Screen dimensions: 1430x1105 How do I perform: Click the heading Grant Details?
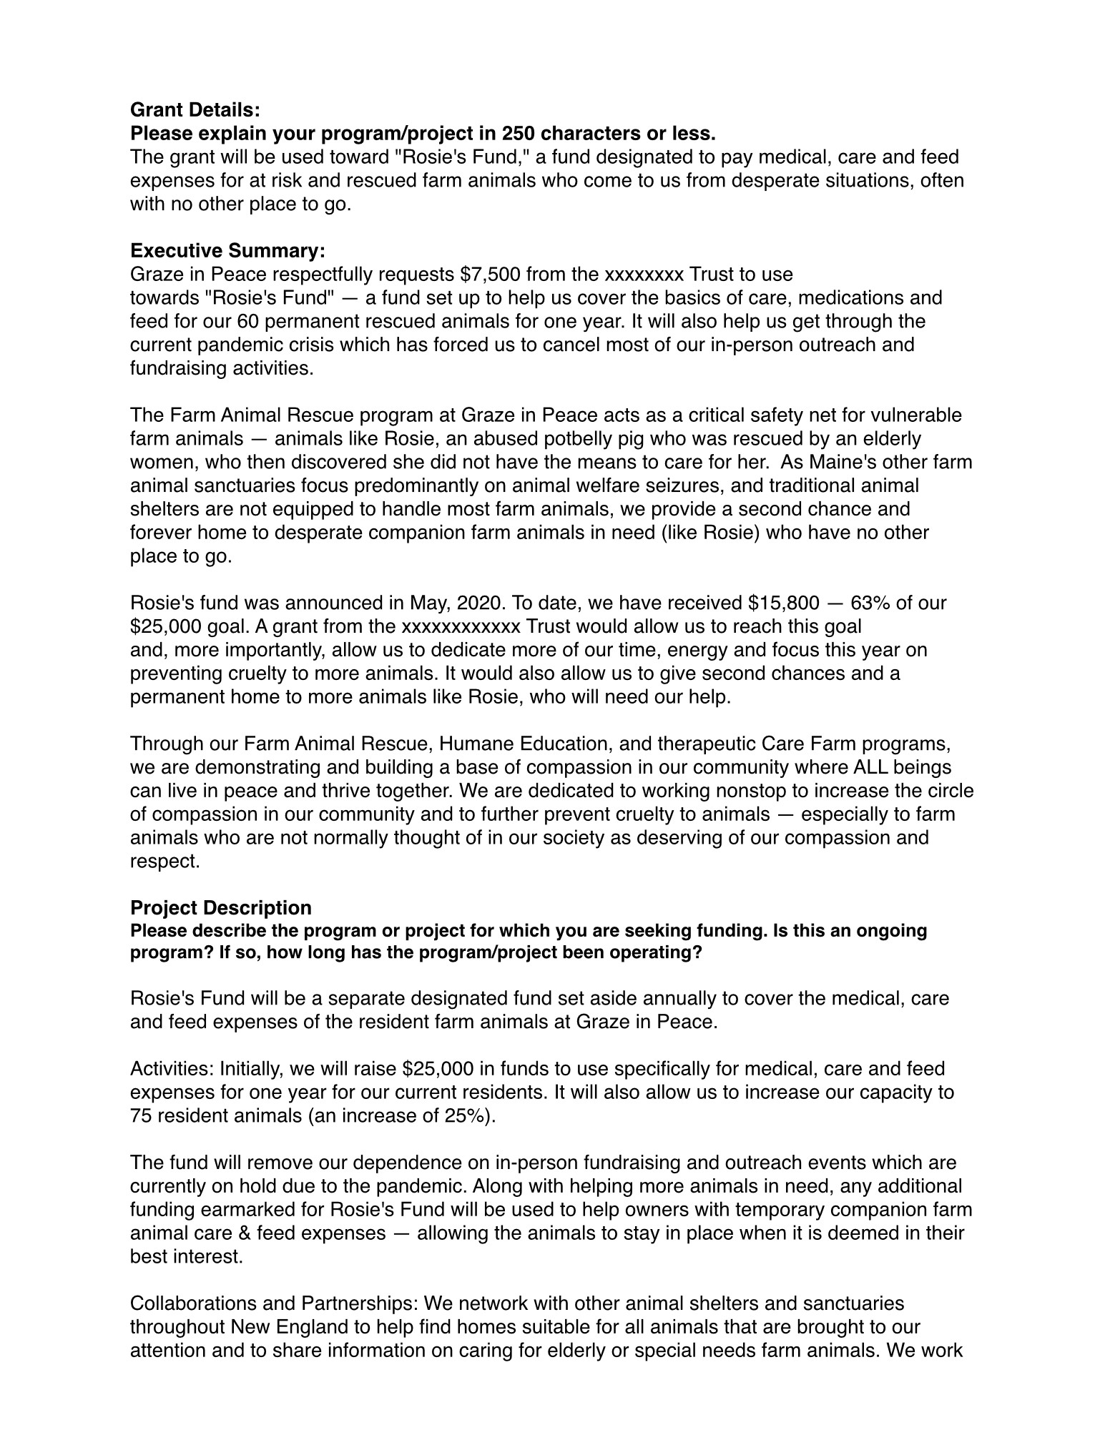click(x=195, y=110)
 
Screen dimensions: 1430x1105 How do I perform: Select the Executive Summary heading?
click(x=227, y=251)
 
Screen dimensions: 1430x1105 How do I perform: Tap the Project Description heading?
click(x=220, y=908)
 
